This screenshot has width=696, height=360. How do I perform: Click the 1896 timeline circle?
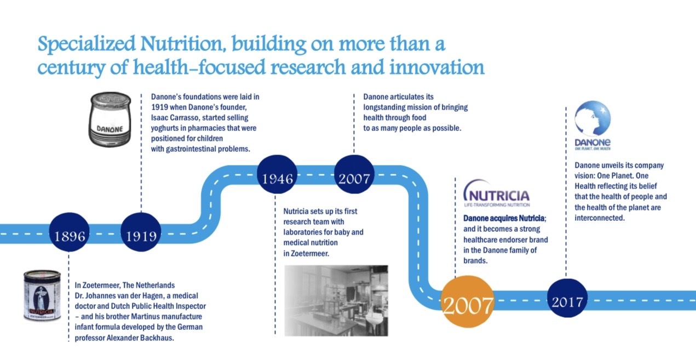[70, 232]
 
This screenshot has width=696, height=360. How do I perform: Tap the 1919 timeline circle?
[141, 232]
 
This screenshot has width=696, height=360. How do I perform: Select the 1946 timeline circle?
[277, 174]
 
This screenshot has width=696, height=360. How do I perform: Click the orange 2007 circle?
[468, 301]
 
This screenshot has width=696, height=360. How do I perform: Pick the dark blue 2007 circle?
[354, 174]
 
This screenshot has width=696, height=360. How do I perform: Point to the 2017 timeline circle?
[567, 298]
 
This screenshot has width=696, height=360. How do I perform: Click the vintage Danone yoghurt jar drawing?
[110, 119]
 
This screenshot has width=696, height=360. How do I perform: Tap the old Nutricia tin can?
[43, 295]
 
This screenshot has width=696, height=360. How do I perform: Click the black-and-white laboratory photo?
[336, 301]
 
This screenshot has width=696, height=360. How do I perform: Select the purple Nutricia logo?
[497, 193]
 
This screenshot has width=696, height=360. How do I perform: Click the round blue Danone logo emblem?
[593, 118]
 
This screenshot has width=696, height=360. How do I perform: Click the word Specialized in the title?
[87, 44]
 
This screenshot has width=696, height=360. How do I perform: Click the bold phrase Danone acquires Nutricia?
[504, 218]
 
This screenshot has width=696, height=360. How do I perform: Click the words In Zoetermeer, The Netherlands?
[125, 285]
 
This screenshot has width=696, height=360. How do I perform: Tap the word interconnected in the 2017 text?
[600, 218]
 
